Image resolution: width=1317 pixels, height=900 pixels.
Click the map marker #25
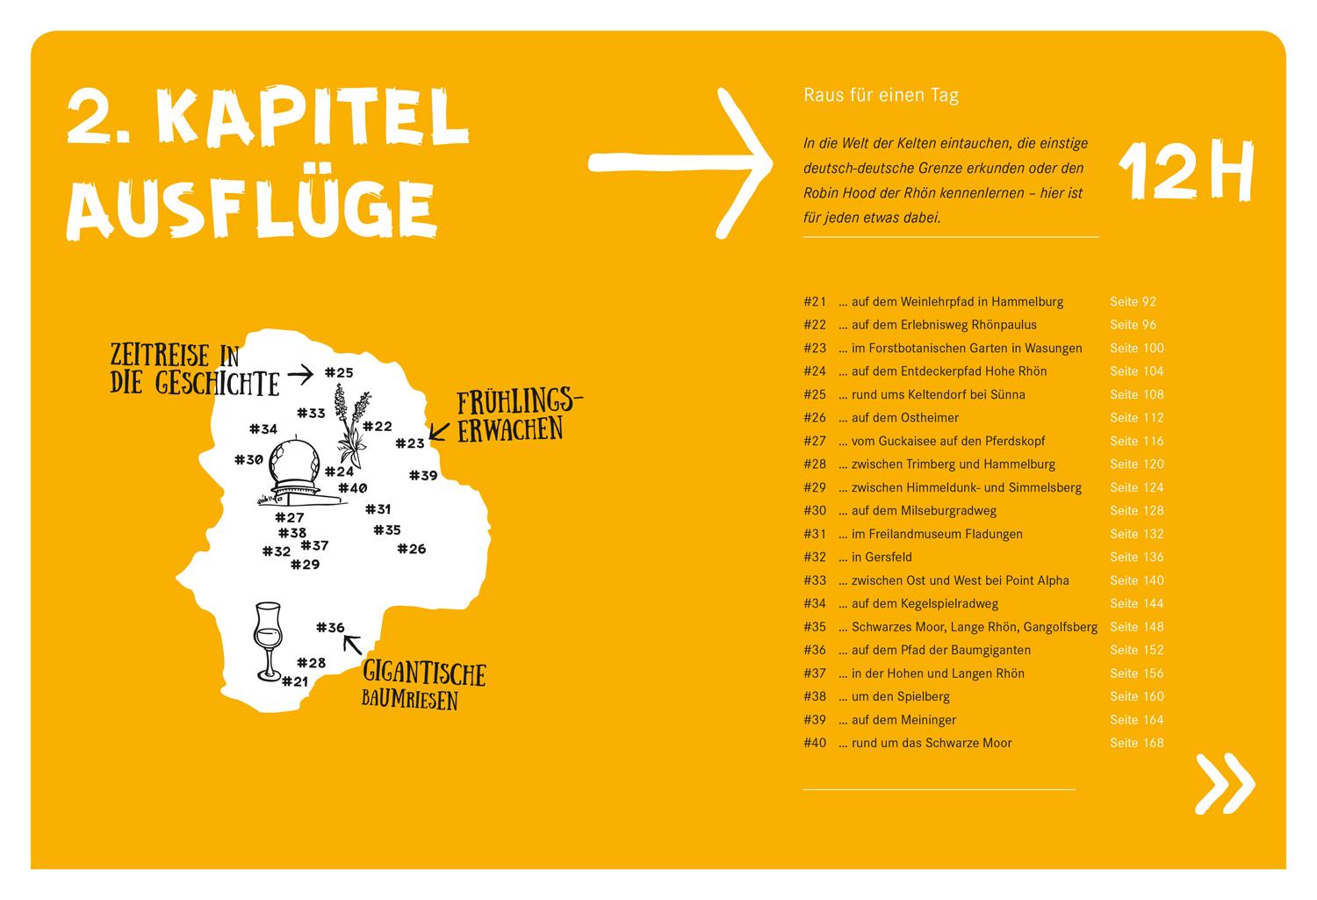coord(339,373)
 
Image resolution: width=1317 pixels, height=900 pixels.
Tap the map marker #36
coord(330,628)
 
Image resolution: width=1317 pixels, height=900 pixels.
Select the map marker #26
coord(411,550)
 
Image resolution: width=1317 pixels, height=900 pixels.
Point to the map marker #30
coord(248,460)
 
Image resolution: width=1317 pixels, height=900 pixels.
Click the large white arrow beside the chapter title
coord(680,162)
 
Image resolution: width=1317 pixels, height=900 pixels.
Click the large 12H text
coord(1185,172)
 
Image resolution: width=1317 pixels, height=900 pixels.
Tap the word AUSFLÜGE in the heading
coord(251,209)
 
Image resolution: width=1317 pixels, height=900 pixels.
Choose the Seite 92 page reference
coord(1133,302)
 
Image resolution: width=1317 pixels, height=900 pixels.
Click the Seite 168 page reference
coord(1136,743)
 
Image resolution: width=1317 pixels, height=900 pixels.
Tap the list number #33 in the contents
coord(815,580)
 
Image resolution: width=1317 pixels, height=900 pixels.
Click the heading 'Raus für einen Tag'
coord(881,96)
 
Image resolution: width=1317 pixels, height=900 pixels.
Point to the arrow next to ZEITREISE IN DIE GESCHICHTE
coord(300,375)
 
